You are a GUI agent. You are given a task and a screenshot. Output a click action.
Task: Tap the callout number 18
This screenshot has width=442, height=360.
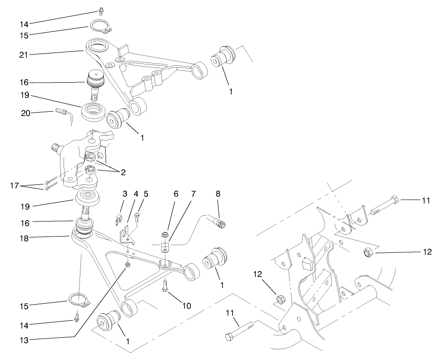coord(25,236)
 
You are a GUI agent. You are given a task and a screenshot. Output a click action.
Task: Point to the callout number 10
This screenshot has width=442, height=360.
coord(187,306)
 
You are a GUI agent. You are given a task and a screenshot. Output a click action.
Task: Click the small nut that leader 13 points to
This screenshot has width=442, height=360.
coord(128,265)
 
